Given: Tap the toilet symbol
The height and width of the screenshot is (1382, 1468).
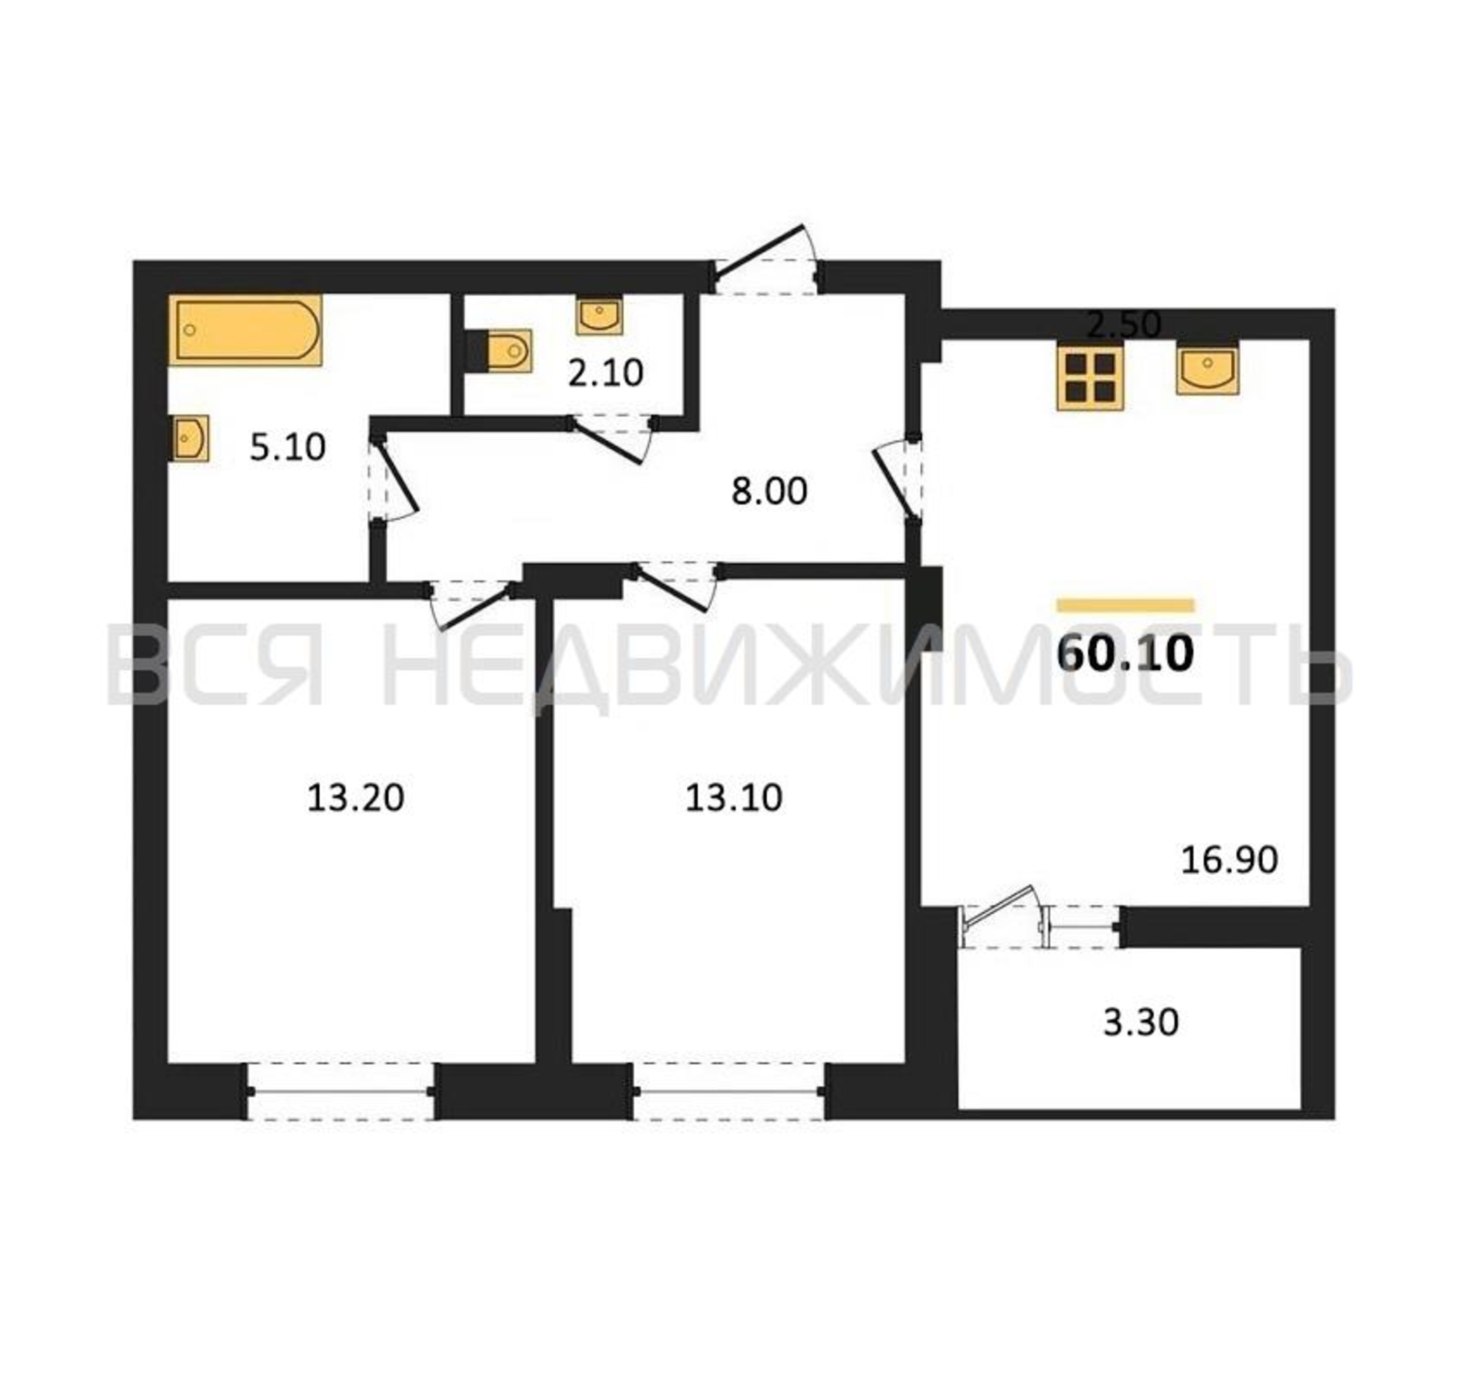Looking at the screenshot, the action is coord(500,350).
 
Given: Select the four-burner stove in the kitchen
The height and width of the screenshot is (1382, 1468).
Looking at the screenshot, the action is coord(1091,377).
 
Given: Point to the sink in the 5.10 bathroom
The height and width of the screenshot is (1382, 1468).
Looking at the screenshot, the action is coord(189,438).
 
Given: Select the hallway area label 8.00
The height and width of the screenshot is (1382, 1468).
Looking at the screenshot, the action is coord(769,491).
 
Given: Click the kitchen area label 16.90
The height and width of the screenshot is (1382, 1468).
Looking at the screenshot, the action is coord(1230,860).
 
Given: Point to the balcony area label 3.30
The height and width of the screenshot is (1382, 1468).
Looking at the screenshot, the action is coord(1141,1023).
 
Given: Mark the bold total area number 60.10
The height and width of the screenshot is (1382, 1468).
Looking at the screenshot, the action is coord(1125,654).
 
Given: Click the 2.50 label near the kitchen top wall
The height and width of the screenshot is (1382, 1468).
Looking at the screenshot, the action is coord(1124,324).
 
